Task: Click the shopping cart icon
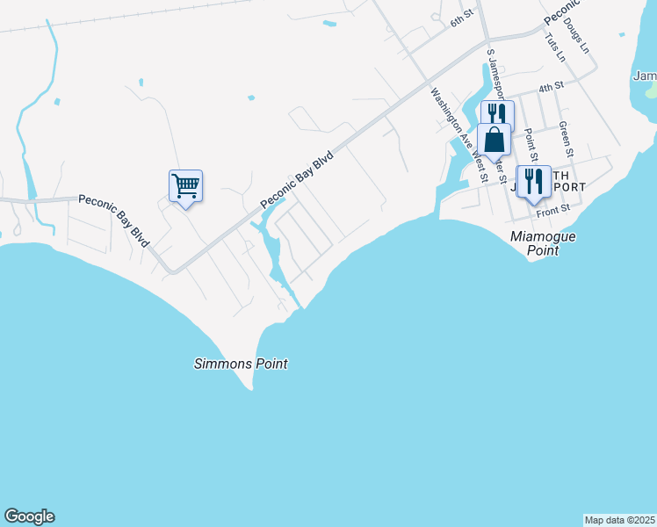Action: click(x=185, y=186)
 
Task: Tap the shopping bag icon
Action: click(x=494, y=140)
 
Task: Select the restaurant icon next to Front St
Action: click(x=533, y=182)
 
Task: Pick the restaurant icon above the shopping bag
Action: click(x=496, y=115)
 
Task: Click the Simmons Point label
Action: click(x=241, y=364)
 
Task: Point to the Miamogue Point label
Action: click(x=535, y=244)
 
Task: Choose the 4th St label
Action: click(x=551, y=87)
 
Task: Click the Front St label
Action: click(x=553, y=209)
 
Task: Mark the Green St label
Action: click(x=566, y=141)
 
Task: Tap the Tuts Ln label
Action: click(x=555, y=47)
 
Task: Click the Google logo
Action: click(x=29, y=516)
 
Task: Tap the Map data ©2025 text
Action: click(x=618, y=520)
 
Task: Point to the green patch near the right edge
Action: click(x=650, y=90)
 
